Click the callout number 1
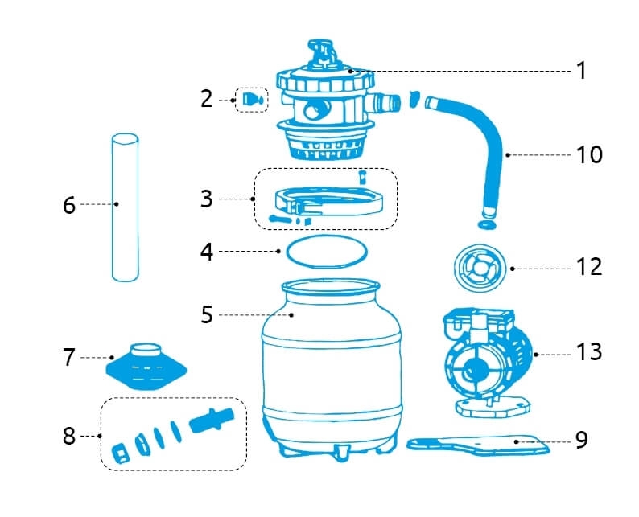pos(581,71)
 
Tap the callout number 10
pos(589,154)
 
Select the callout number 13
pos(589,352)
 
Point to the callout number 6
pos(69,205)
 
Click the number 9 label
pos(581,440)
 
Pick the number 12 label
pos(589,266)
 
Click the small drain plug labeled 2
pos(250,99)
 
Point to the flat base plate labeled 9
pos(480,445)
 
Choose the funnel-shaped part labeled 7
pos(146,366)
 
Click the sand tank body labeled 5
pos(332,362)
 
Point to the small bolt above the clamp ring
pos(362,175)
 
